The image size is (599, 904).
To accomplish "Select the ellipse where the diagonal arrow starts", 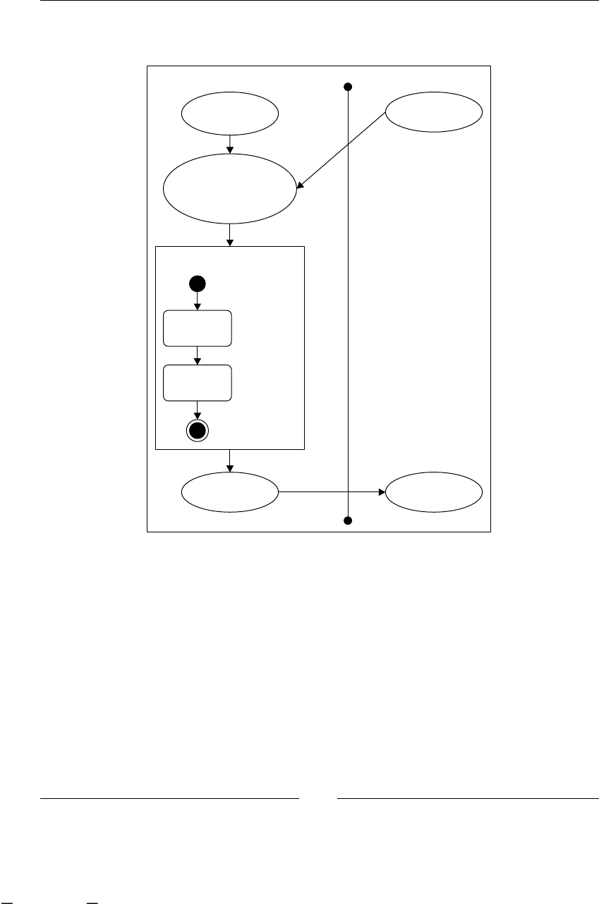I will pos(433,111).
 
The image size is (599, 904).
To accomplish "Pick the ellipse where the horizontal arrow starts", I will pos(230,491).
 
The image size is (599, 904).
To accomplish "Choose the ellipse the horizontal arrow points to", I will pos(433,491).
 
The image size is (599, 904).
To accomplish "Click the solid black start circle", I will pos(197,283).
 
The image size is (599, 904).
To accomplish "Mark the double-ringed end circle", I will pos(197,431).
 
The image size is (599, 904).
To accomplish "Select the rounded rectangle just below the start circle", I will pos(197,328).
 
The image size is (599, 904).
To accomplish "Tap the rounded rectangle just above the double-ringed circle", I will pos(197,383).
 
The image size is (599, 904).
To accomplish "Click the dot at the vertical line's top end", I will pos(347,87).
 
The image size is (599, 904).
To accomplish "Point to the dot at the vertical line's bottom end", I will pos(347,520).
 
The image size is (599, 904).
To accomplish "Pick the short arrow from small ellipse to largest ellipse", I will pos(230,143).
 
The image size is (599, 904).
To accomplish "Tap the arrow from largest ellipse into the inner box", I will pos(230,236).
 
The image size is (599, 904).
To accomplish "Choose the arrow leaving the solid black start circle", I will pos(197,300).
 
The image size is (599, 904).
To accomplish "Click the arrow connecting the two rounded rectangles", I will pos(197,355).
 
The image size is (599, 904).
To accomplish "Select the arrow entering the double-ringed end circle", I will pos(197,410).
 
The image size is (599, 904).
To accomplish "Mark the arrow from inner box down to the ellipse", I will pos(230,460).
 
